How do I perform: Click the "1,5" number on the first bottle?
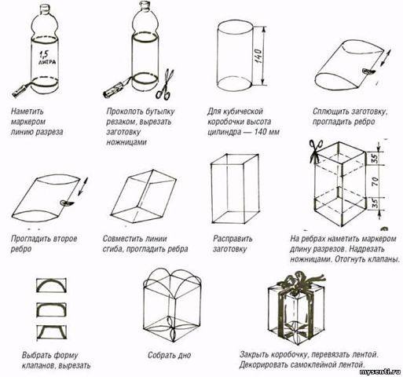(43, 55)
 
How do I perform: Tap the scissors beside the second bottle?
(165, 84)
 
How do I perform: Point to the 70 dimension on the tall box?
(375, 181)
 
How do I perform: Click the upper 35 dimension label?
(375, 158)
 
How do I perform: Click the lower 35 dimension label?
(375, 204)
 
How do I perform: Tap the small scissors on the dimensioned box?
(315, 151)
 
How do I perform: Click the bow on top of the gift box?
(301, 282)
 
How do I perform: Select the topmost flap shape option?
(51, 285)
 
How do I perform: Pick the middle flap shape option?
(51, 309)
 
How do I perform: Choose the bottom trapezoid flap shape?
(51, 332)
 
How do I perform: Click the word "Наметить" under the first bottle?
(27, 112)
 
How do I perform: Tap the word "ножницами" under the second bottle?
(126, 142)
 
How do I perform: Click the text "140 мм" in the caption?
(267, 132)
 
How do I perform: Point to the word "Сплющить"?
(330, 112)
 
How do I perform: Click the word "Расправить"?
(233, 239)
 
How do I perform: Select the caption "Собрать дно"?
(169, 355)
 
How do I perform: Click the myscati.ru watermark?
(380, 372)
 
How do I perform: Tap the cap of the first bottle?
(46, 9)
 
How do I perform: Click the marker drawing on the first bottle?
(21, 90)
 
